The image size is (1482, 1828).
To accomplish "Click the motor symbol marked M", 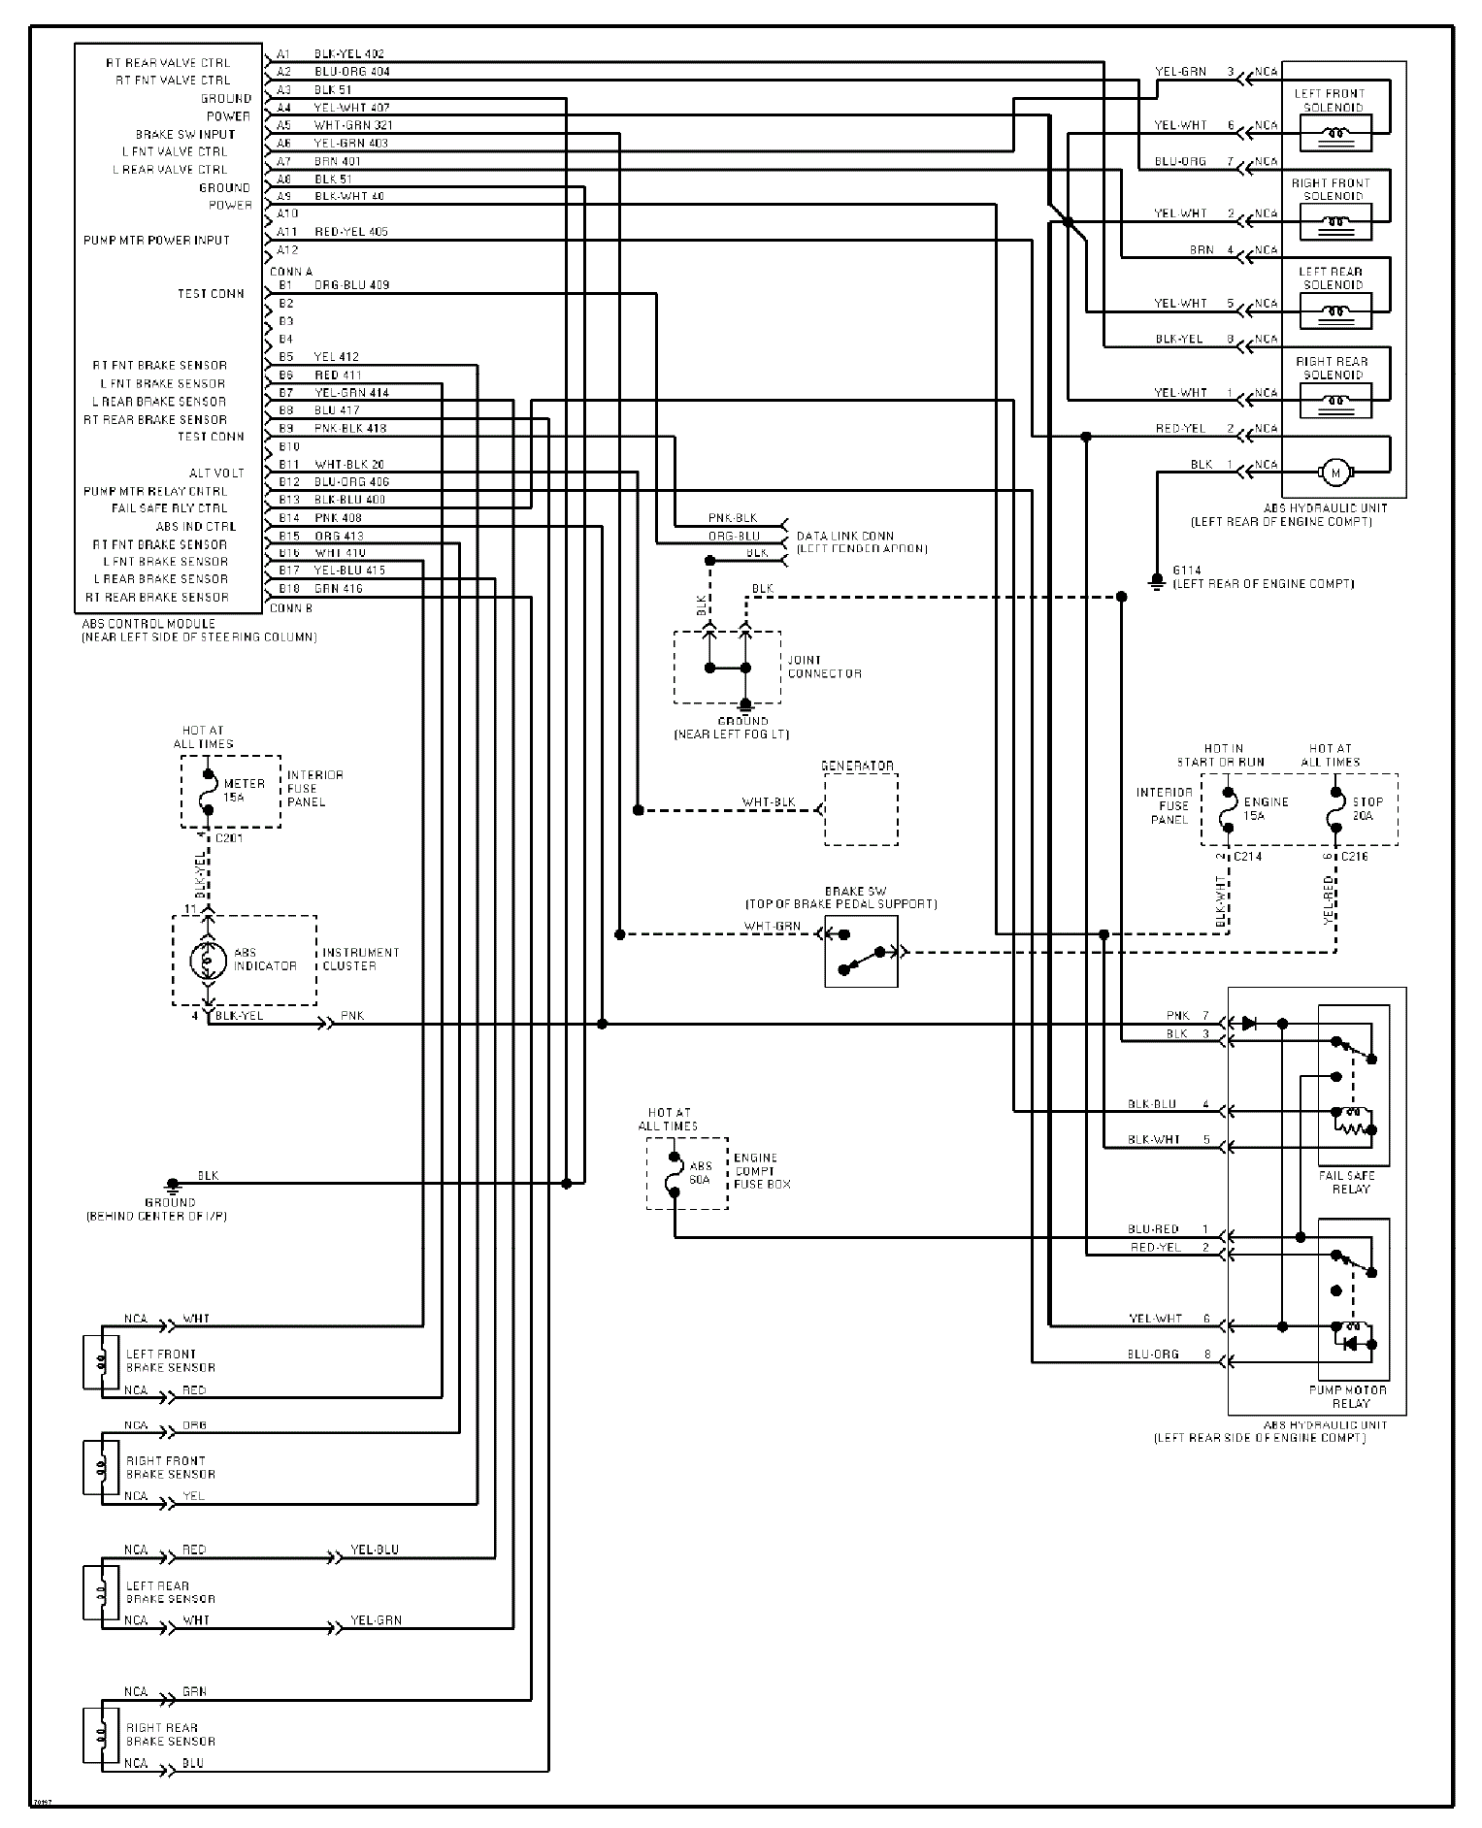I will (1334, 473).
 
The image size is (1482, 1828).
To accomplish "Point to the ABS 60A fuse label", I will (700, 1172).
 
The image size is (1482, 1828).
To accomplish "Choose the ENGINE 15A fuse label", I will (1266, 808).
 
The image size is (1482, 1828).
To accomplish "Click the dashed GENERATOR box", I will (861, 809).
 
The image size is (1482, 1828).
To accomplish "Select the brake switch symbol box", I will (861, 952).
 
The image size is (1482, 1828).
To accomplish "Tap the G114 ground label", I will (1187, 571).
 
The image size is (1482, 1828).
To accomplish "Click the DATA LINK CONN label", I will (844, 536).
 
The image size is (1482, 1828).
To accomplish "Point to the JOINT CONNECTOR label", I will (824, 667).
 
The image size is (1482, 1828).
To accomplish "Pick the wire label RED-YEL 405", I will (350, 232).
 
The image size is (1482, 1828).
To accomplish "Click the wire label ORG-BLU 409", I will (351, 285).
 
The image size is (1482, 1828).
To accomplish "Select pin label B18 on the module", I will (288, 588).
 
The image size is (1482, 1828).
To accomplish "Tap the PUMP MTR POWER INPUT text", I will (156, 240).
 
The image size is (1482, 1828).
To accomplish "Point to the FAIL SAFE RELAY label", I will (1347, 1182).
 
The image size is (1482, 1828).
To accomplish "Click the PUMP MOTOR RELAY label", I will (1347, 1396).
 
